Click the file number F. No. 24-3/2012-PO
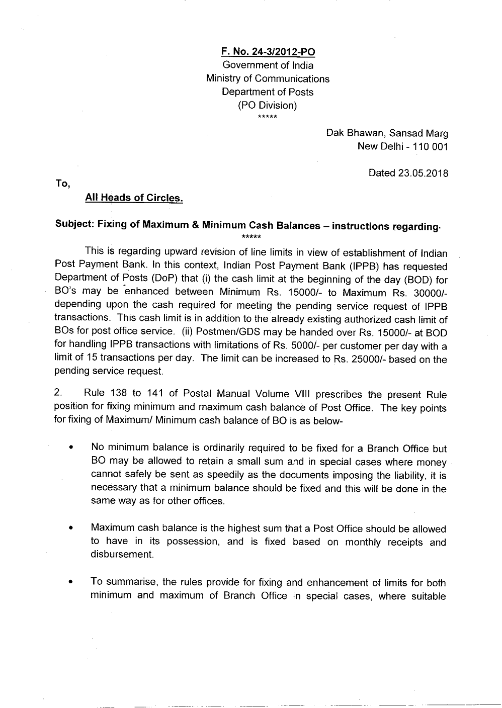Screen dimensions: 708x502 [x=268, y=52]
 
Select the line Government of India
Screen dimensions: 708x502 [x=268, y=65]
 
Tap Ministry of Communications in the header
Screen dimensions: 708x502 [x=268, y=79]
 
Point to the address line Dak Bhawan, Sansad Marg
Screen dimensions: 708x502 [x=387, y=133]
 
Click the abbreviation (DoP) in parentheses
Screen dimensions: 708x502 [x=164, y=280]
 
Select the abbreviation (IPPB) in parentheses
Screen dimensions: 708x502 [x=357, y=267]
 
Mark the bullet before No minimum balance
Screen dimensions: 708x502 [x=73, y=449]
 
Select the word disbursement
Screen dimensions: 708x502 [x=122, y=554]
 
